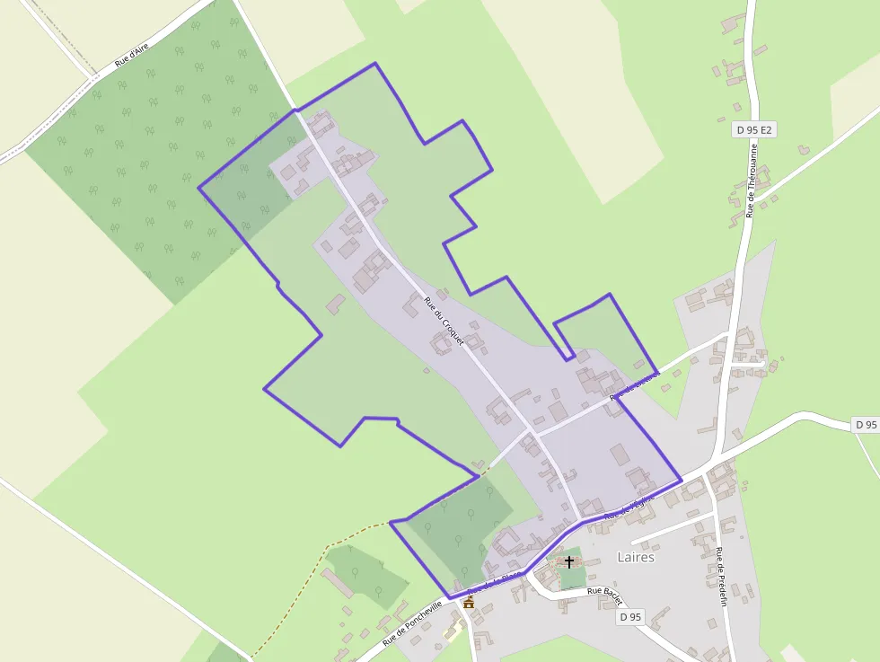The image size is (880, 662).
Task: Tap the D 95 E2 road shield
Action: [753, 130]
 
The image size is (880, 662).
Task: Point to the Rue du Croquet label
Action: [444, 322]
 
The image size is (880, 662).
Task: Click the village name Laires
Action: [636, 557]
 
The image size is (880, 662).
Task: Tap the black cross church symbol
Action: [569, 561]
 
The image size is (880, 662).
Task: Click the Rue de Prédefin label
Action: [721, 575]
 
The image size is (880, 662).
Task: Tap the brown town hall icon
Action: [468, 603]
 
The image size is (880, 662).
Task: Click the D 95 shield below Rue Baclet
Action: [631, 617]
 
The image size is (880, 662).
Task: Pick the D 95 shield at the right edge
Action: [865, 424]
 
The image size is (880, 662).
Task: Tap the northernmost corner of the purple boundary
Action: [374, 64]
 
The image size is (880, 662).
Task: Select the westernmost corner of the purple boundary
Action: [198, 188]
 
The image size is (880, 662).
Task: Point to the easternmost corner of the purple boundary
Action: [682, 480]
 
